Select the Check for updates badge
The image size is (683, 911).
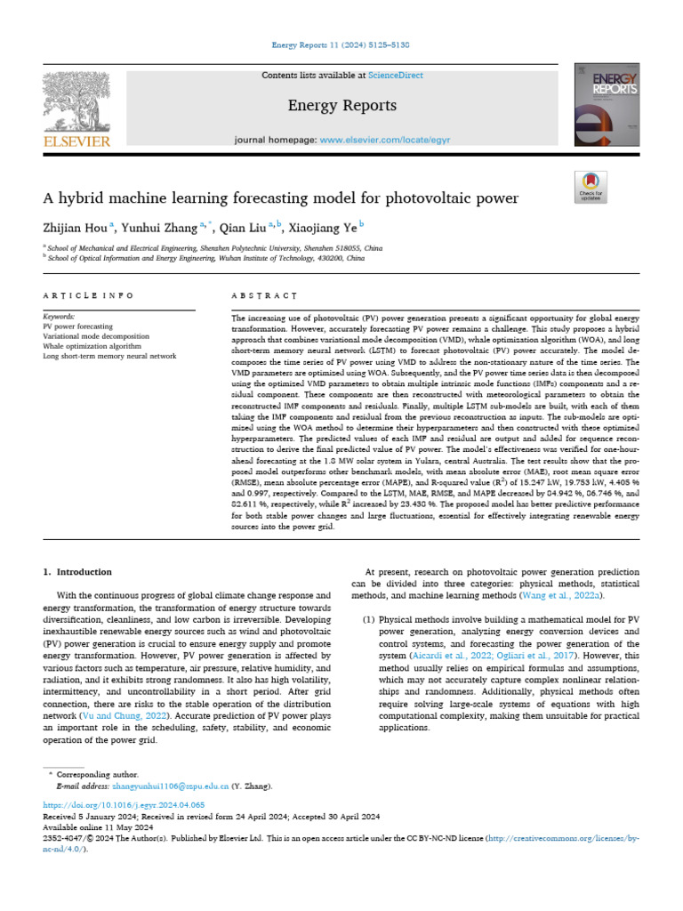point(591,186)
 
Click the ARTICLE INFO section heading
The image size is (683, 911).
point(88,294)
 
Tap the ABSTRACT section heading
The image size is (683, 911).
point(264,294)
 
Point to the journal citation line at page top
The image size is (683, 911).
point(341,44)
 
